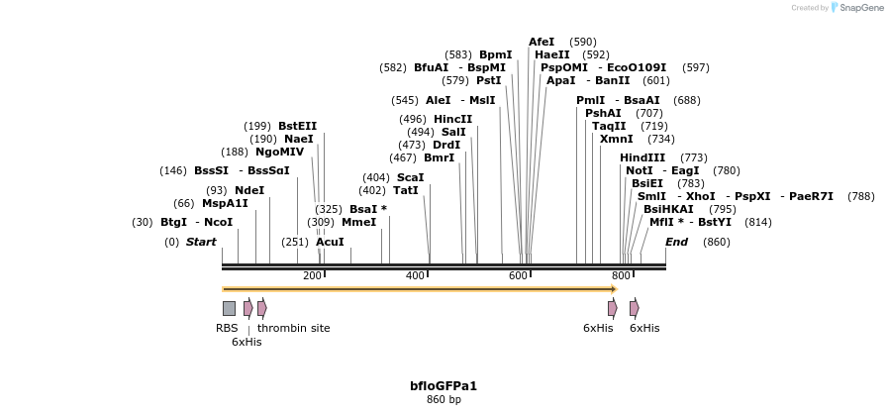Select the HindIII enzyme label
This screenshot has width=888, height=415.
[x=642, y=157]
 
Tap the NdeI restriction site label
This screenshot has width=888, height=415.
[x=249, y=190]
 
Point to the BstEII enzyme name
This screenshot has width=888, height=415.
[x=297, y=126]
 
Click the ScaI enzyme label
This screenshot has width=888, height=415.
[x=410, y=177]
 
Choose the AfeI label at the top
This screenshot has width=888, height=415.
[x=542, y=42]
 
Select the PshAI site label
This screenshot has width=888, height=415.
[x=603, y=113]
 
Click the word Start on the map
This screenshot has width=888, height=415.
[x=201, y=242]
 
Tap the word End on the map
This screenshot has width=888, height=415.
[x=676, y=242]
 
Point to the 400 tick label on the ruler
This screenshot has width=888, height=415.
[x=415, y=275]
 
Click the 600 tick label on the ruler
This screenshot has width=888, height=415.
[x=518, y=275]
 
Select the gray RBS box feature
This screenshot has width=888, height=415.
[x=229, y=308]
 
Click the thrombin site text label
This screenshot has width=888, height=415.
[x=294, y=328]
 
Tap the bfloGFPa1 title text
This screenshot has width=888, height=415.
[x=444, y=385]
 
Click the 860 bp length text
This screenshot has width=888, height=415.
[x=444, y=399]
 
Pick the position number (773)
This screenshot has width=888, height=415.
[x=693, y=157]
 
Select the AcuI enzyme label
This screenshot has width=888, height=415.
[x=330, y=242]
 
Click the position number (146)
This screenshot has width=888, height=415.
[x=173, y=170]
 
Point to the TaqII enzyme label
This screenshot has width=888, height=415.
[x=609, y=126]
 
